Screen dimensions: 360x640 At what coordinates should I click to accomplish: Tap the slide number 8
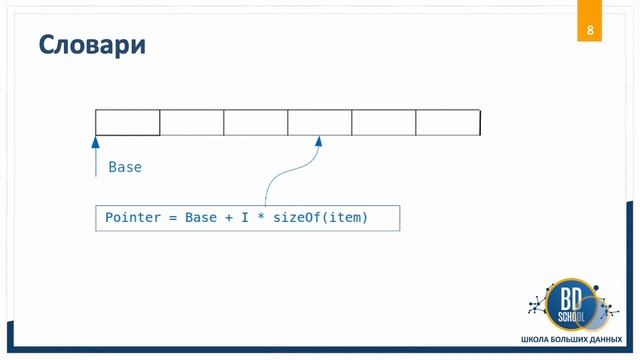pyautogui.click(x=590, y=30)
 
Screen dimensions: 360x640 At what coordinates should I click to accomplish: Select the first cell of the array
pyautogui.click(x=128, y=122)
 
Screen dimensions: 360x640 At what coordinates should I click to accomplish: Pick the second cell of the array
pyautogui.click(x=192, y=122)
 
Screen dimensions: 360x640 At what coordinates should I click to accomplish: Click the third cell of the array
pyautogui.click(x=256, y=122)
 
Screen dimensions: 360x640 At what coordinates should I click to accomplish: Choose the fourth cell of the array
pyautogui.click(x=320, y=122)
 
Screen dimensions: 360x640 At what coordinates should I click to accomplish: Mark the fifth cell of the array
pyautogui.click(x=384, y=122)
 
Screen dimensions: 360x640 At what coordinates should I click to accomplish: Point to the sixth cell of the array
pyautogui.click(x=448, y=122)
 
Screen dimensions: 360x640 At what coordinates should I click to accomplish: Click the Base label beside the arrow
pyautogui.click(x=125, y=167)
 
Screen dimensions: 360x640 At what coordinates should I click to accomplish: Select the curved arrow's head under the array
pyautogui.click(x=319, y=141)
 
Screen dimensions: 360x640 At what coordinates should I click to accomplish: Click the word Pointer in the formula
pyautogui.click(x=133, y=218)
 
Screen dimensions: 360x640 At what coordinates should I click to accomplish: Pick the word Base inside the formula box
pyautogui.click(x=202, y=218)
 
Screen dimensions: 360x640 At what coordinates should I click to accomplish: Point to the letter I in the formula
pyautogui.click(x=243, y=218)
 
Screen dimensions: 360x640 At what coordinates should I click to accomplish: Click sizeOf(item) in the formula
pyautogui.click(x=320, y=218)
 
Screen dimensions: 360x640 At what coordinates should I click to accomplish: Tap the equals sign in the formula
pyautogui.click(x=172, y=218)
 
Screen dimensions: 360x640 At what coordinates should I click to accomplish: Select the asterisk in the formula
pyautogui.click(x=259, y=218)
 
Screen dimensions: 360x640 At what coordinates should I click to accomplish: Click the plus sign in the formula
pyautogui.click(x=229, y=218)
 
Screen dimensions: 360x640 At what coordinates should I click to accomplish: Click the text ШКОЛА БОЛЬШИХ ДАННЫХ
pyautogui.click(x=570, y=341)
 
